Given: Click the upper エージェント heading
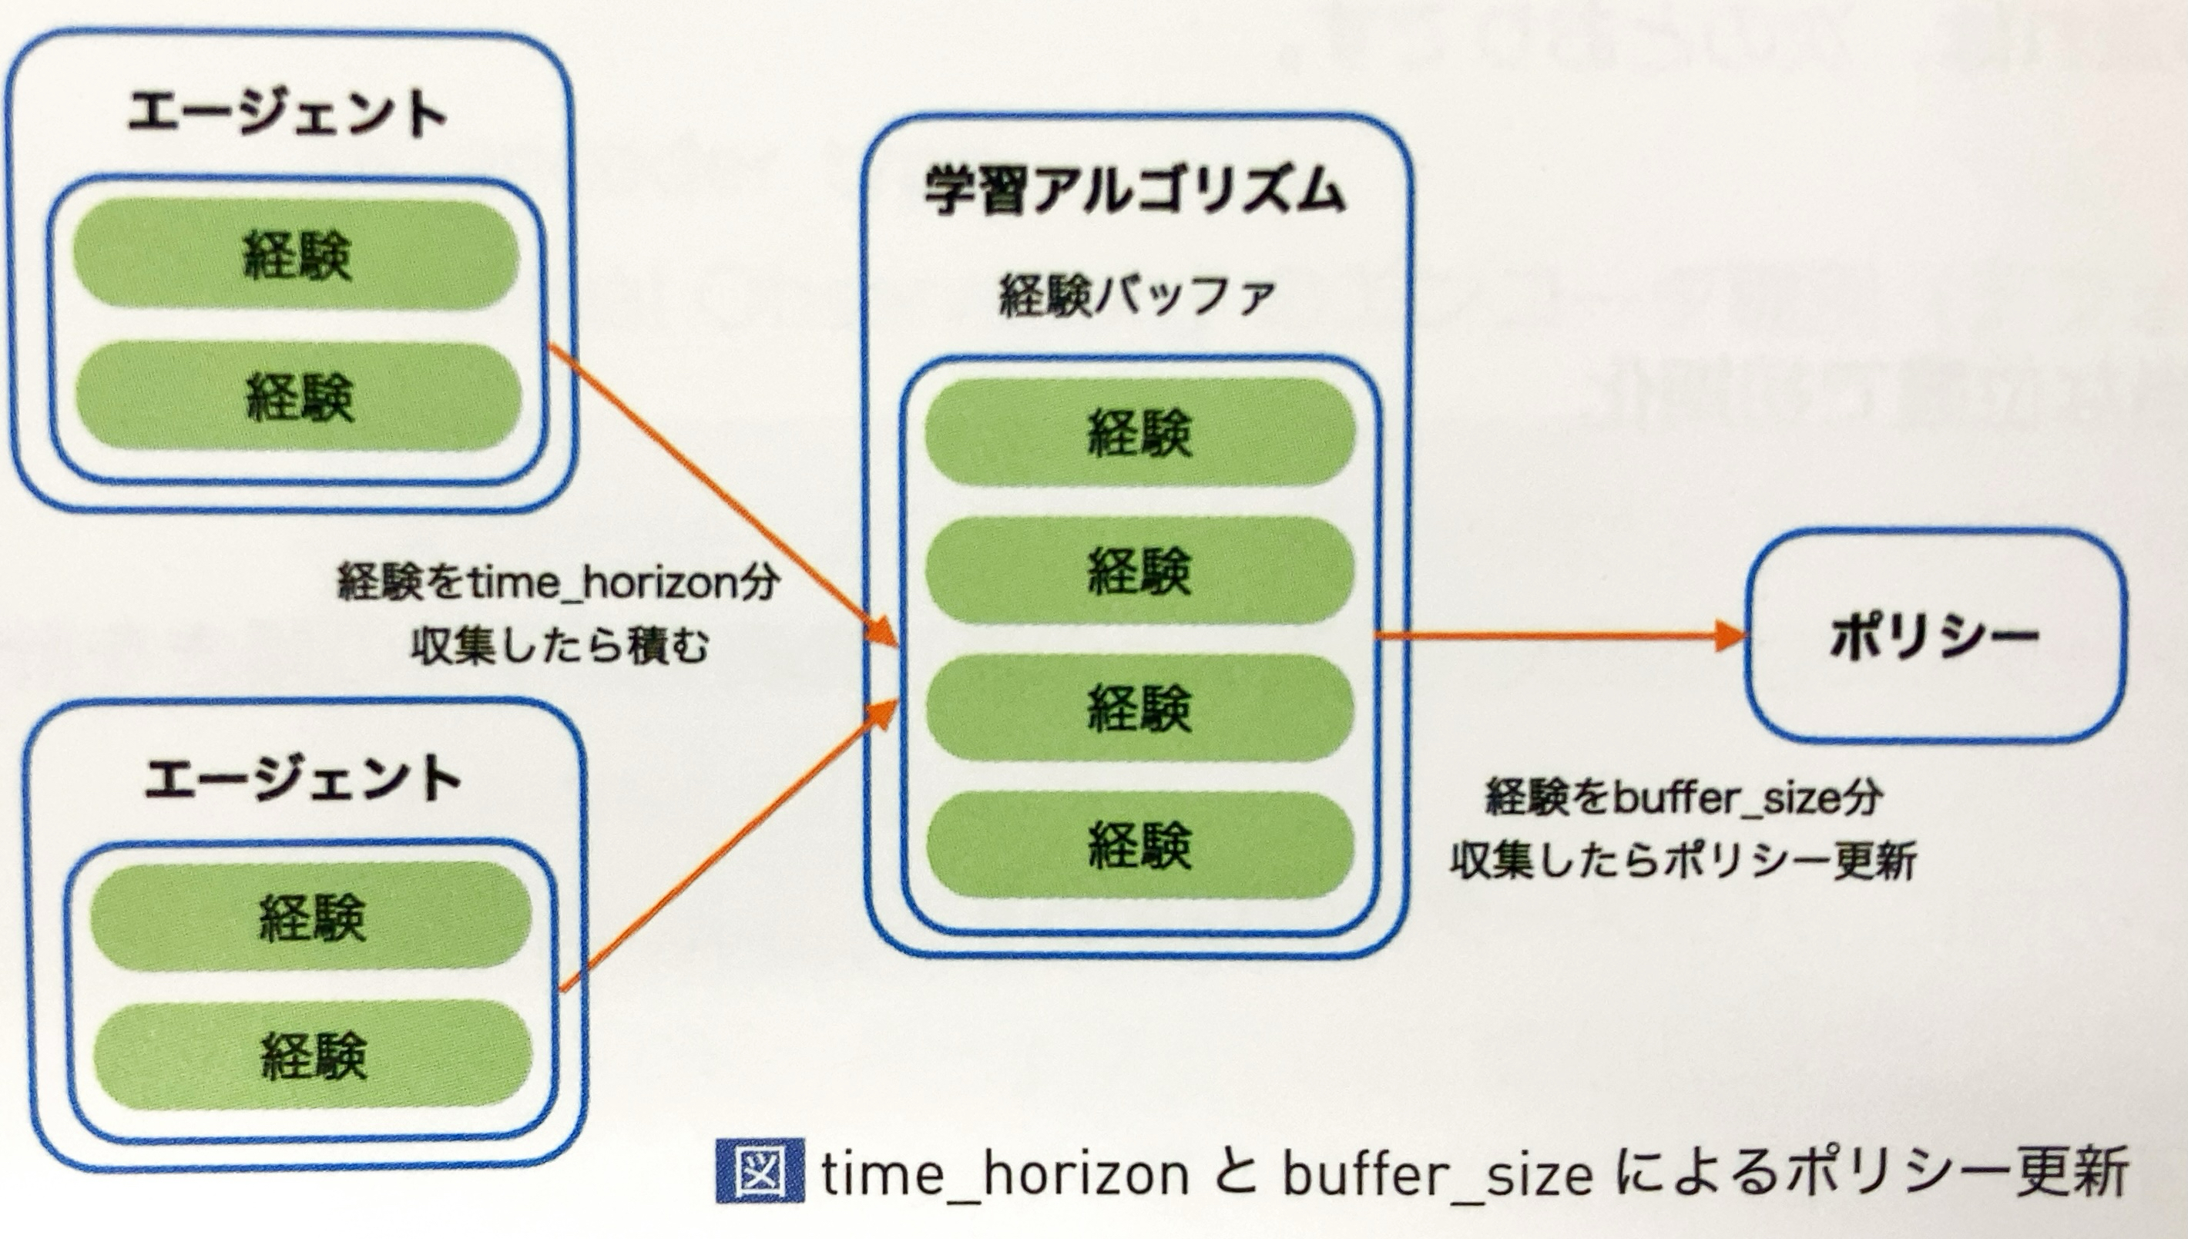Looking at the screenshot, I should point(287,114).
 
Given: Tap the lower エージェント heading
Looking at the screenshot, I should point(302,780).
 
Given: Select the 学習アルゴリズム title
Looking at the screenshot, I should point(1135,190).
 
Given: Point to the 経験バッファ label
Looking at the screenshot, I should point(1136,297).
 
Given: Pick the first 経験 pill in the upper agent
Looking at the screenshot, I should point(296,254).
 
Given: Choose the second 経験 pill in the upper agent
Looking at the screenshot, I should point(297,397).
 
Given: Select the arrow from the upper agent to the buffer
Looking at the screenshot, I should point(723,494).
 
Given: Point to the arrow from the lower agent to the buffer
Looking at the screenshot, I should point(732,842).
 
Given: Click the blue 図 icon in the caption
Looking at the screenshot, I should point(759,1171).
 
